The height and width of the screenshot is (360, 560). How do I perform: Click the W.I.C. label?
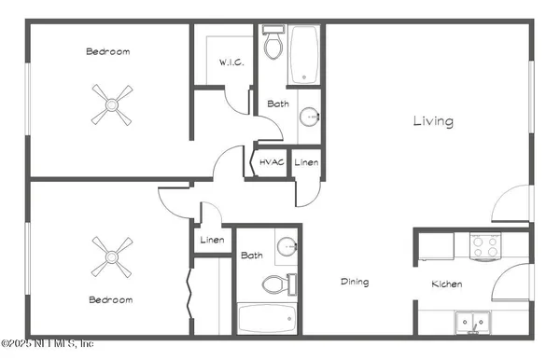pos(231,62)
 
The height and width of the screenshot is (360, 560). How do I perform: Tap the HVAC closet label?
pos(272,162)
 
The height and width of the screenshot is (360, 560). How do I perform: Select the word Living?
pos(434,121)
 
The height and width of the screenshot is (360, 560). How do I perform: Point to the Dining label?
pos(354,282)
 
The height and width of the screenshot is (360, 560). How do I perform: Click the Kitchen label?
pos(448,284)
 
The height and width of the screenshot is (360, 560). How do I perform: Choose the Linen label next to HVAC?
pos(306,162)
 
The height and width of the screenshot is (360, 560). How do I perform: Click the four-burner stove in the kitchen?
pos(484,246)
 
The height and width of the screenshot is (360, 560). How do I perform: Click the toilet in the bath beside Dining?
pos(277,284)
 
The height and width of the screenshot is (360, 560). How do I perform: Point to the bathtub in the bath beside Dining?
pos(266,320)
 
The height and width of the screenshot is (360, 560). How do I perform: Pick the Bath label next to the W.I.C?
pos(277,104)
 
